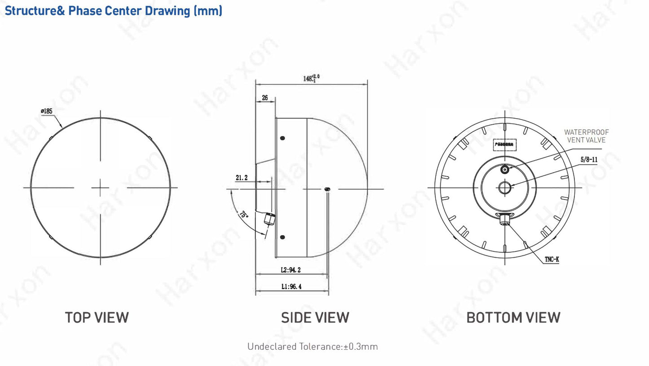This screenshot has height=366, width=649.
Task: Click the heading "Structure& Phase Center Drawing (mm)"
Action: (113, 10)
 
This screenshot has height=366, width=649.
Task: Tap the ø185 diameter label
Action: (47, 111)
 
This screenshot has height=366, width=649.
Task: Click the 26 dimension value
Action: (265, 97)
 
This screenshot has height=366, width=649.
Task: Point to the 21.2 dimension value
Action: (242, 178)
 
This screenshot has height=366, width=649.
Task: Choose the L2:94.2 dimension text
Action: (291, 270)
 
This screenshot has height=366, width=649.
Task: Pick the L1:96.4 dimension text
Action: (291, 286)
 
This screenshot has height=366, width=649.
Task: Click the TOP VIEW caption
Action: (97, 317)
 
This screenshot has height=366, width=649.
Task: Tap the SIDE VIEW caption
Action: (315, 317)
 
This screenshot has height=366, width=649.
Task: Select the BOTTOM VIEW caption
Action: (513, 317)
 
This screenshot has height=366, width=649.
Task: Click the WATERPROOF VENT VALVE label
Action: (586, 136)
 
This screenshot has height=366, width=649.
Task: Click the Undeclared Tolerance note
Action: (313, 347)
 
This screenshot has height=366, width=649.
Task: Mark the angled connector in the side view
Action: (269, 220)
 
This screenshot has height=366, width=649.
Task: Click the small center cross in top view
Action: (100, 187)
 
